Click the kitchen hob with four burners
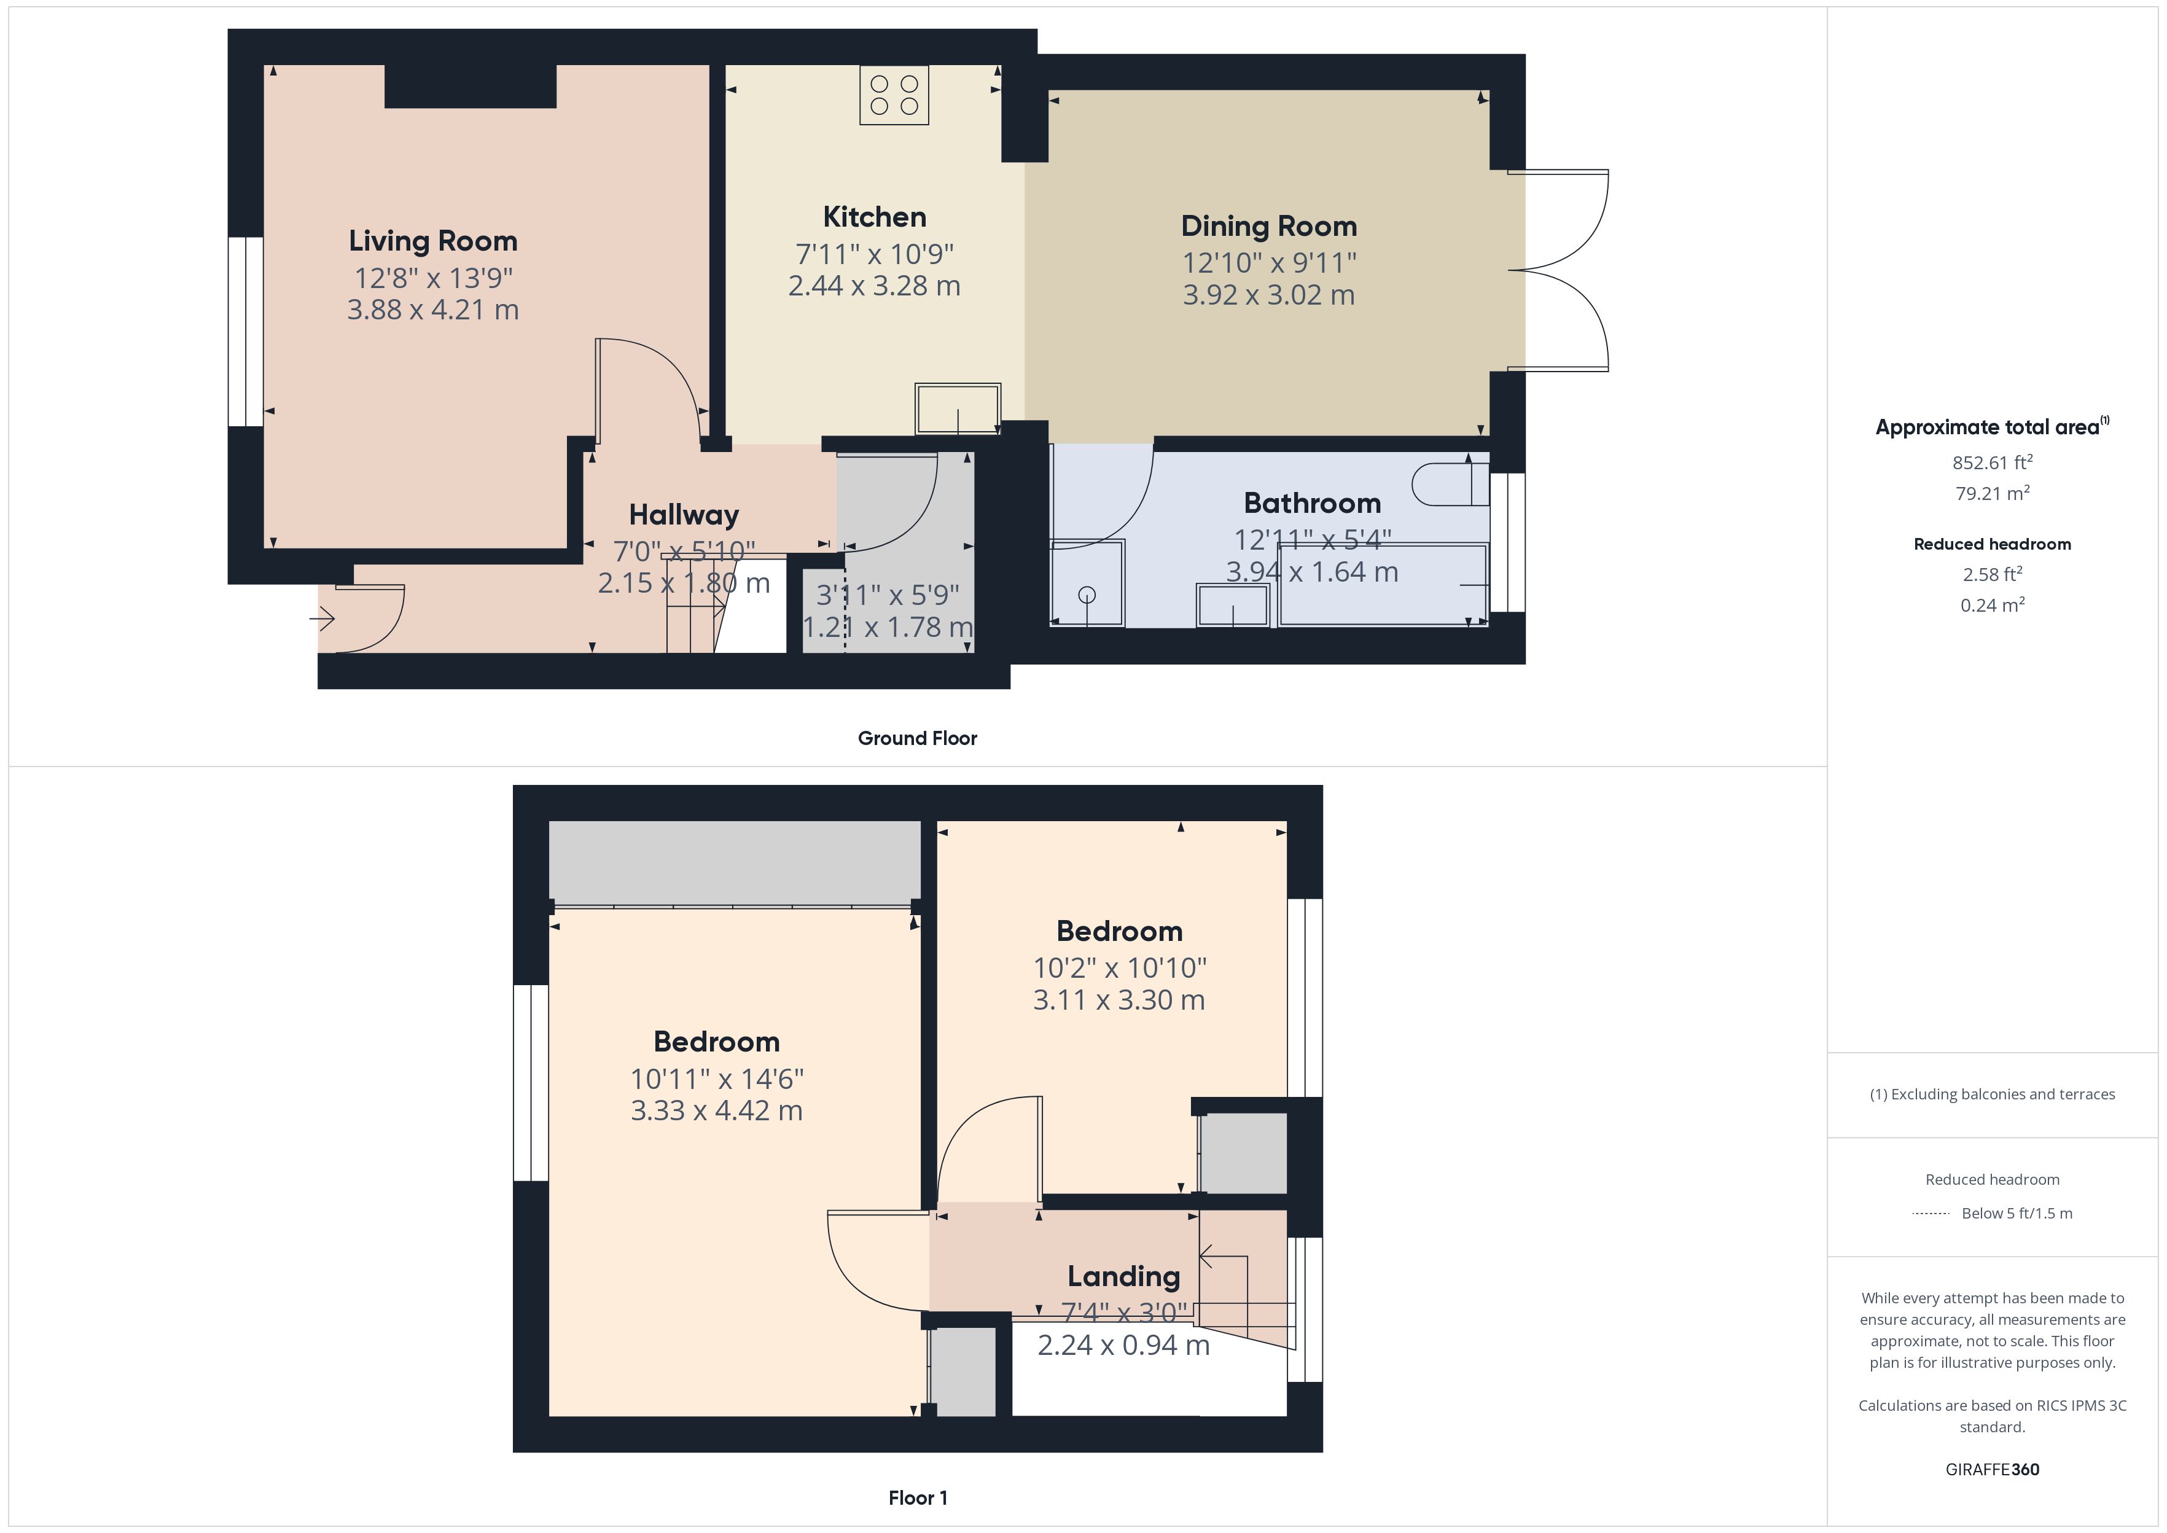(894, 95)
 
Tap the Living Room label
(433, 241)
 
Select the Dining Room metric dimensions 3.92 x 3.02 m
(1268, 295)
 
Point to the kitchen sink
(957, 408)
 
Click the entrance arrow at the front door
(322, 619)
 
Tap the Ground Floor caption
(916, 738)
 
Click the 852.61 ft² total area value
(1991, 462)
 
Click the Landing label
(1123, 1276)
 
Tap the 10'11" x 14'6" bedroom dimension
(716, 1078)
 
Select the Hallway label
(683, 515)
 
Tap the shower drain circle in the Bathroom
(1087, 595)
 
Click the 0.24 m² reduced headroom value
(1991, 605)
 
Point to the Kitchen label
(874, 217)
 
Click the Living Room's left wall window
(246, 331)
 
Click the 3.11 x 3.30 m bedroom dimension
(1119, 1001)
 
